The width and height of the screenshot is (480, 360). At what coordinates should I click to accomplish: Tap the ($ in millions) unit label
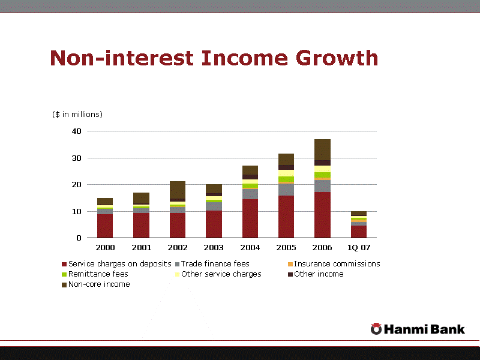[77, 115]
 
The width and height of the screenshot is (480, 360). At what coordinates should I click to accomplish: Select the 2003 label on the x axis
[214, 247]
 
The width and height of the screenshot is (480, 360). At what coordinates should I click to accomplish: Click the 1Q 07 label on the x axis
[358, 247]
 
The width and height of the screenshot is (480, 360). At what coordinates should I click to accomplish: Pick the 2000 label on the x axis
[105, 247]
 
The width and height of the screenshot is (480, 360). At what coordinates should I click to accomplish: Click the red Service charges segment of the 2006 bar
[322, 215]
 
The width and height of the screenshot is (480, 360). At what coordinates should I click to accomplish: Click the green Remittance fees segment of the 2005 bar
[286, 179]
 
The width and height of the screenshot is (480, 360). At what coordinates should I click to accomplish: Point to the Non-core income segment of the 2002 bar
[178, 190]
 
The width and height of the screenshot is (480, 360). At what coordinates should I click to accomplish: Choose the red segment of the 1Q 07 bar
[358, 232]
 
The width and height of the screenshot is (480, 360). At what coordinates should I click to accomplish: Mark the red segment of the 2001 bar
[141, 225]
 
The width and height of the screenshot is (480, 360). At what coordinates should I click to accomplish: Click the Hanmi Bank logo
[418, 329]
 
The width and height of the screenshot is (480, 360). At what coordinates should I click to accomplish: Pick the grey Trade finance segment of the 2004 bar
[250, 194]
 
